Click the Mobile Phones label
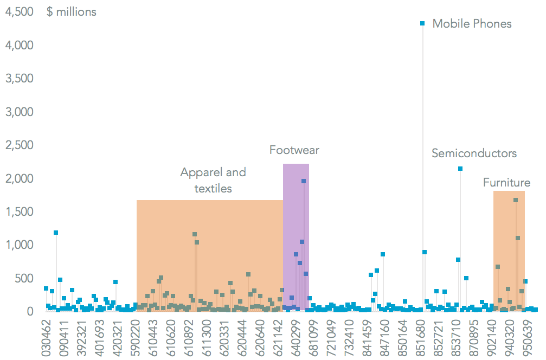point(472,24)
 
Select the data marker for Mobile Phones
point(422,23)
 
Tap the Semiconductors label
point(474,153)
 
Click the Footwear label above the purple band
point(294,150)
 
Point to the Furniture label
point(506,183)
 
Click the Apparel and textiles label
point(213,181)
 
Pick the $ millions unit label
point(72,12)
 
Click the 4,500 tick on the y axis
point(20,12)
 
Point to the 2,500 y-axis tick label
point(20,145)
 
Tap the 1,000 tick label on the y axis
point(20,245)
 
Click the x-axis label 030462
point(47,338)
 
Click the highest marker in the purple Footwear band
point(304,181)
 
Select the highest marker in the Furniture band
point(516,200)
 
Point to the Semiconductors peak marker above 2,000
point(460,169)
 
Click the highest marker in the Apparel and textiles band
point(195,234)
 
